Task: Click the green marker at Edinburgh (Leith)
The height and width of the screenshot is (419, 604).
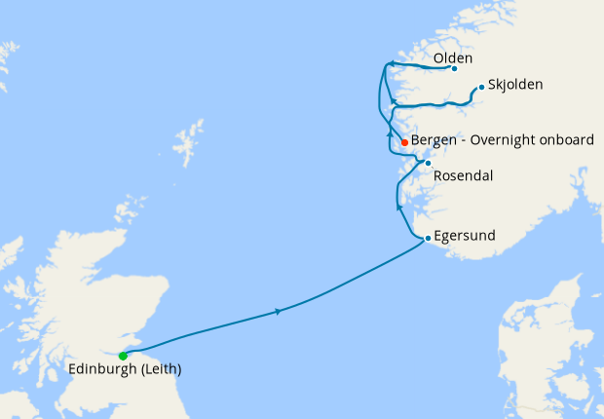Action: click(123, 356)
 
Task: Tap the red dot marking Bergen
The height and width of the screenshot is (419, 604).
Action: click(404, 142)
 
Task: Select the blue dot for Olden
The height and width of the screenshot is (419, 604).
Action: click(455, 68)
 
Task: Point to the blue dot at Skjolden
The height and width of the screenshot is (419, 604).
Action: click(481, 87)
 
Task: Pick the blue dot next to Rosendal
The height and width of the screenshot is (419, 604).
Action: click(428, 162)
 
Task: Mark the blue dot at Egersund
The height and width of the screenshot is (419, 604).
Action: click(428, 238)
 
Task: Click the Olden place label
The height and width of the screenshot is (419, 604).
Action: click(453, 58)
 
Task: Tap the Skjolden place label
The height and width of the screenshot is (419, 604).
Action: click(516, 85)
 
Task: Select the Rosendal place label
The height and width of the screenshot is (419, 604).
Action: click(463, 176)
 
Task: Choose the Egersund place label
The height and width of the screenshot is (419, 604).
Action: click(466, 236)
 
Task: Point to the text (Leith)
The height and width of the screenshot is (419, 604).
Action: click(161, 370)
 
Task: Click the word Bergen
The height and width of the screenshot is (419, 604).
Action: click(434, 140)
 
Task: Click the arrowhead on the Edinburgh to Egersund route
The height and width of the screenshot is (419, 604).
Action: click(280, 311)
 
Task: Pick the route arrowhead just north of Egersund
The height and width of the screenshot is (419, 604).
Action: click(399, 206)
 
